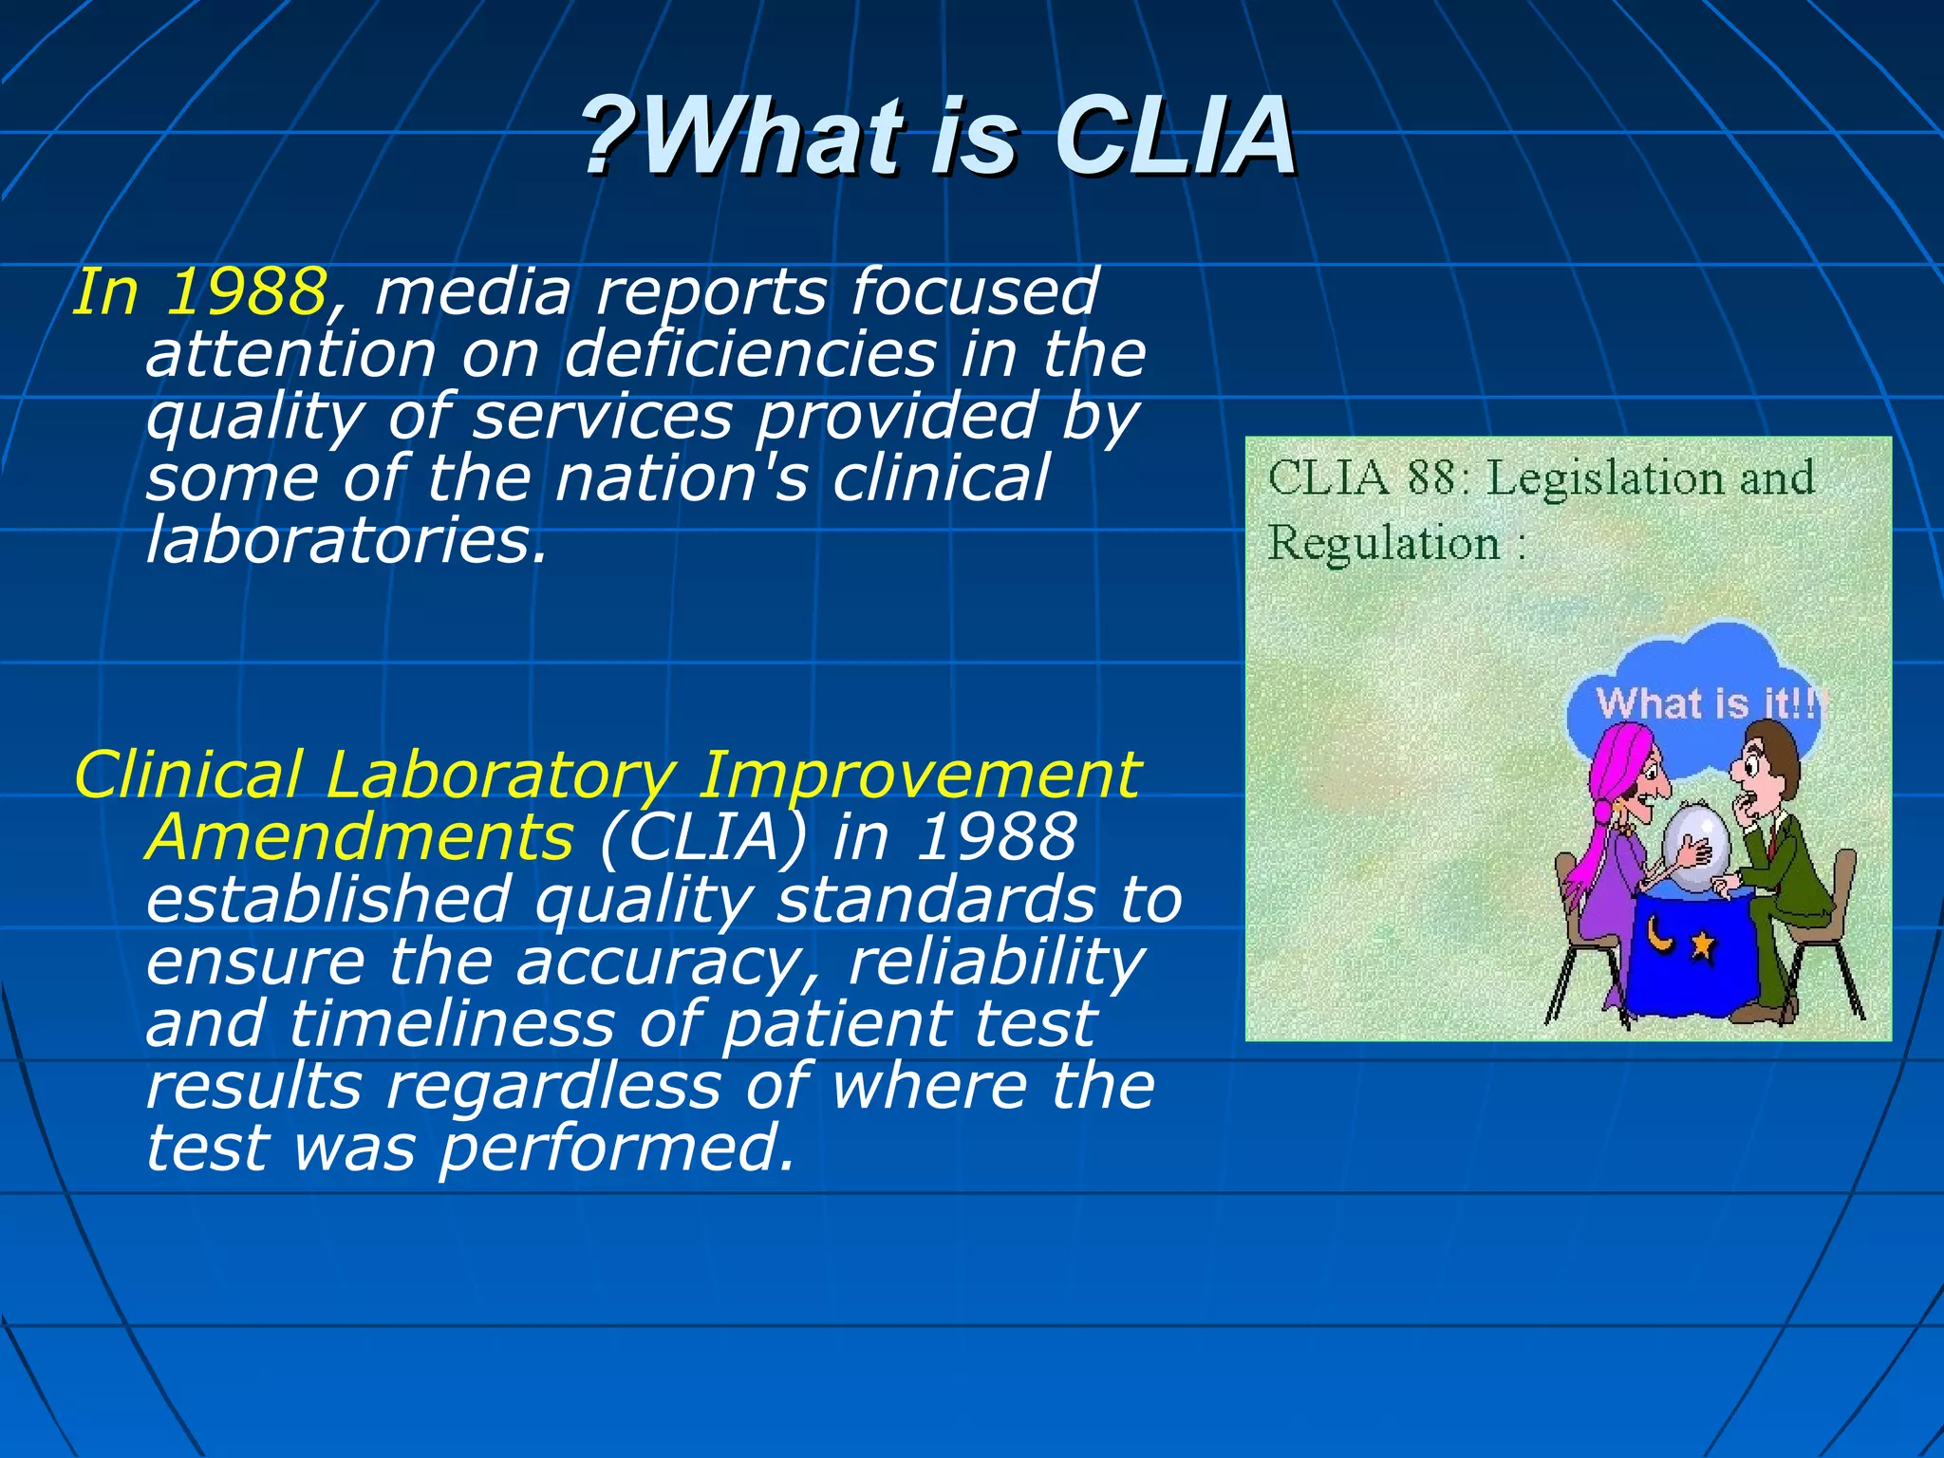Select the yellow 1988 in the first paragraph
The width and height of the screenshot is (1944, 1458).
tap(246, 291)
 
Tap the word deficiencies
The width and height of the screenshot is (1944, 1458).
tap(750, 354)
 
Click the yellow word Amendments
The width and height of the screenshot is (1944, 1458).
tap(360, 837)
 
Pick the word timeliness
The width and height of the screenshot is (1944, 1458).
tap(452, 1025)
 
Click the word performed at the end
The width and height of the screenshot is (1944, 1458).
tap(616, 1148)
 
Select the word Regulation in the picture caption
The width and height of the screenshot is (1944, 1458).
tap(1384, 544)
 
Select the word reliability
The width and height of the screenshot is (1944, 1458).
tap(996, 963)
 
